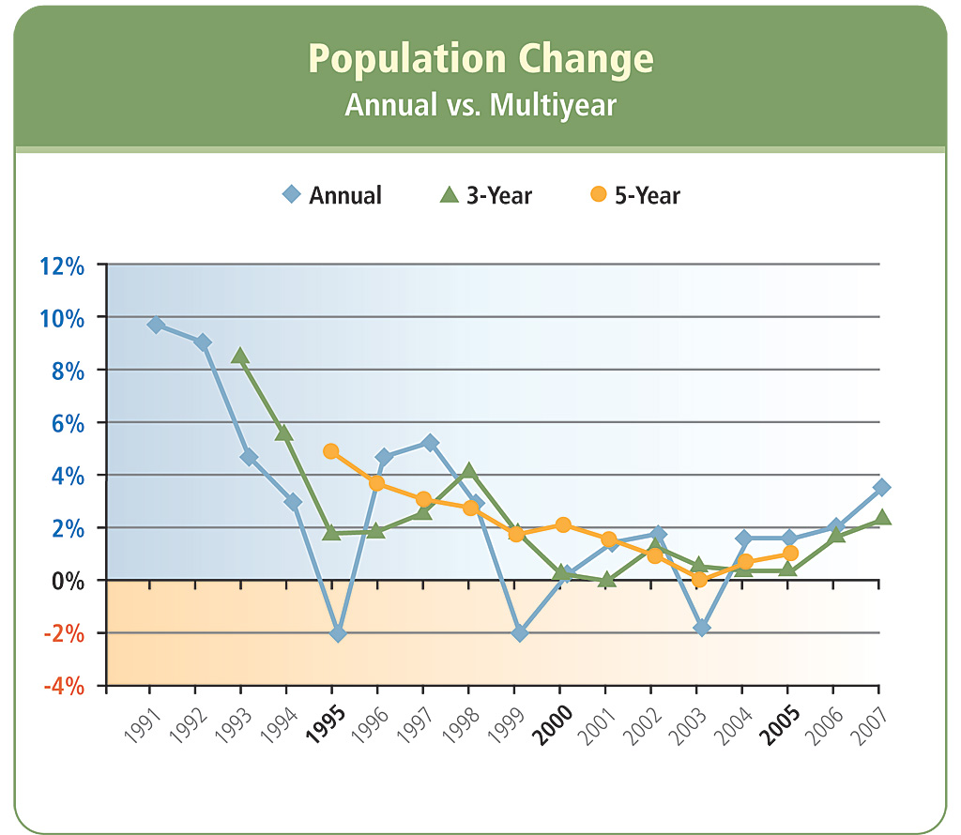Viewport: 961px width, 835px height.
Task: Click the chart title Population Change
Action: [x=480, y=59]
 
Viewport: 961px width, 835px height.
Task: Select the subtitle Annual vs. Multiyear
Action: [x=480, y=104]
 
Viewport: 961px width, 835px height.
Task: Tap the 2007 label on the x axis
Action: [x=872, y=723]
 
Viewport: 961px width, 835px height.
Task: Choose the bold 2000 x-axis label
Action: [x=552, y=723]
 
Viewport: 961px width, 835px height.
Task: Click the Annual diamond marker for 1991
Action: [x=156, y=325]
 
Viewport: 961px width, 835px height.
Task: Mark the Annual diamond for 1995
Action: [x=338, y=634]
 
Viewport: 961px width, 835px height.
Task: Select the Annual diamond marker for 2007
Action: [x=881, y=487]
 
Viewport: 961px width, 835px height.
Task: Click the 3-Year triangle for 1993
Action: [x=240, y=357]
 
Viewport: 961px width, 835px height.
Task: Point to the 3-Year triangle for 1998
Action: [x=469, y=471]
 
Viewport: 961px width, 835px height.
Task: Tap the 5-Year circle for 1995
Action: [x=330, y=451]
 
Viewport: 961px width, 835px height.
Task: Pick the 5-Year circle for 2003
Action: [x=699, y=580]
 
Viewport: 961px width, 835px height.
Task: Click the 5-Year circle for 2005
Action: [x=790, y=554]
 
